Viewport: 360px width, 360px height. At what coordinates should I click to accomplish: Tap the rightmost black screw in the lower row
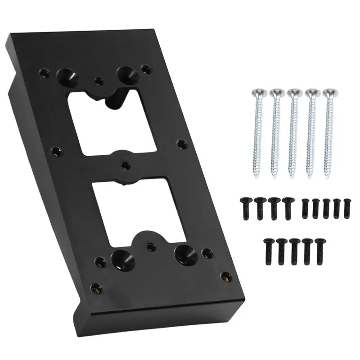(x=320, y=247)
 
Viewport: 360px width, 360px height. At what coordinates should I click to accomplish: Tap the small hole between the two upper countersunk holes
(x=99, y=81)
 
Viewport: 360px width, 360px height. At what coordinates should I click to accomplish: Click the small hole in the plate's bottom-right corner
(x=225, y=276)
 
